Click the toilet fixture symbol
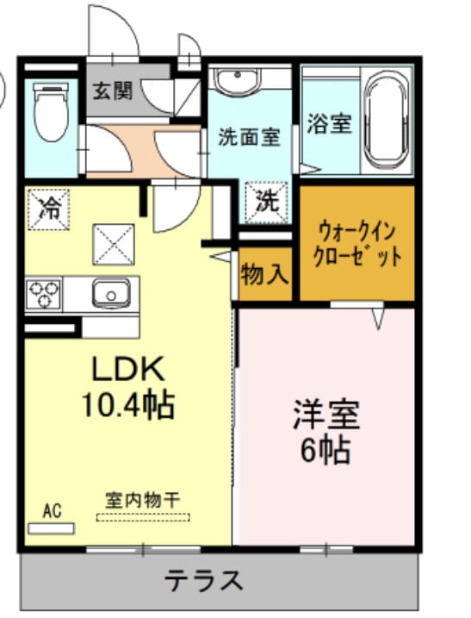51,113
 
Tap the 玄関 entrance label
112,90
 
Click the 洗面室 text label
249,136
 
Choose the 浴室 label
329,123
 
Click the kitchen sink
112,293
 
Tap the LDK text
128,370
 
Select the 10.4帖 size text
128,403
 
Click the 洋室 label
325,415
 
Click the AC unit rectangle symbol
52,527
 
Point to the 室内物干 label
142,499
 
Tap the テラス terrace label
204,580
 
